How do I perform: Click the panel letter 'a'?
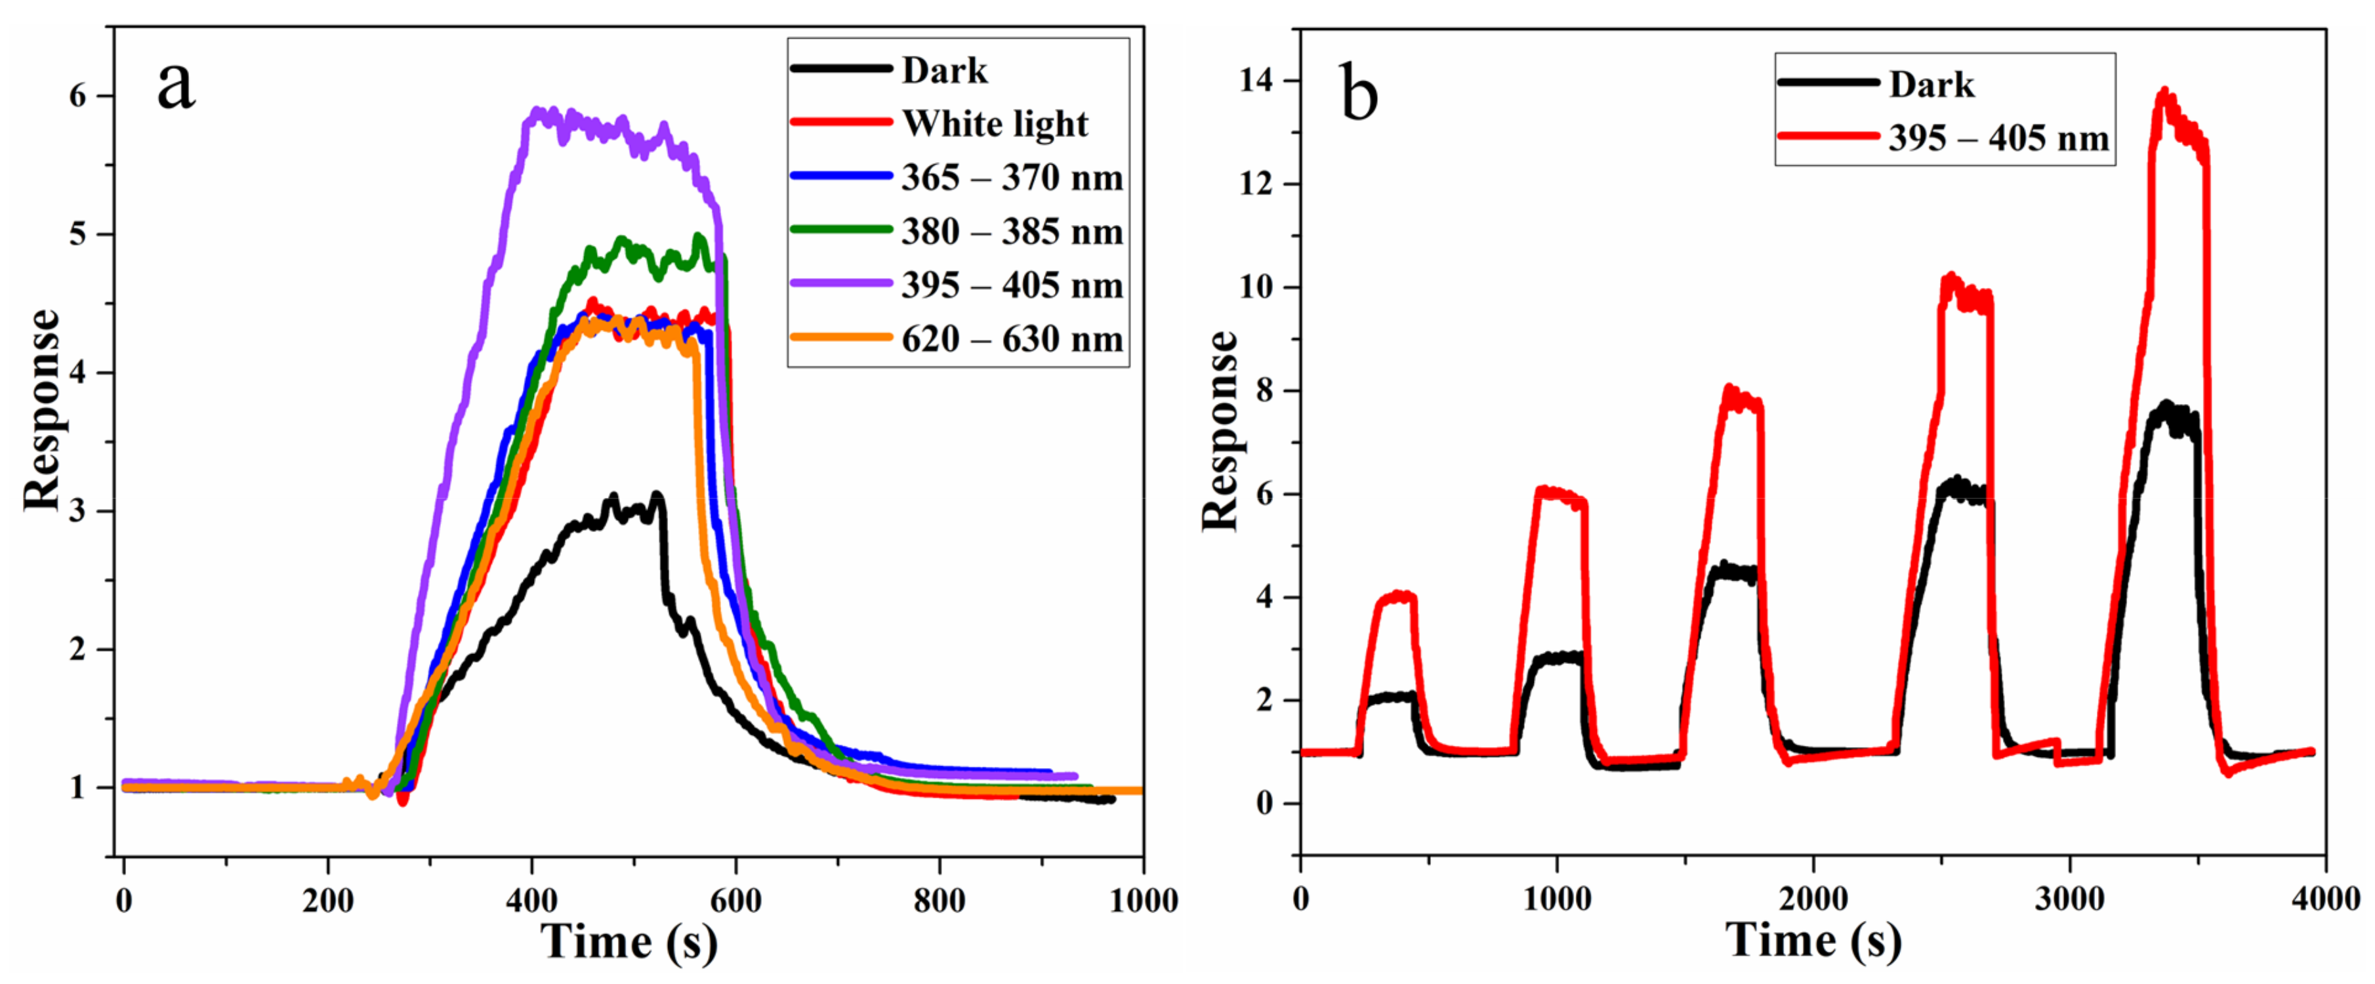pyautogui.click(x=176, y=87)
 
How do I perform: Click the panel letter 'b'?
pyautogui.click(x=1358, y=94)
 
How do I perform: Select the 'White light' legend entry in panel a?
pyautogui.click(x=994, y=123)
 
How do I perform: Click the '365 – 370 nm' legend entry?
pyautogui.click(x=1012, y=177)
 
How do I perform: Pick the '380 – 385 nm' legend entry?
pyautogui.click(x=1012, y=232)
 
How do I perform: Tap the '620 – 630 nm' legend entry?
pyautogui.click(x=1012, y=339)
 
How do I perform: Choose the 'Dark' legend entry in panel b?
pyautogui.click(x=1931, y=85)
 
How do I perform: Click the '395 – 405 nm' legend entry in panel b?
pyautogui.click(x=1998, y=138)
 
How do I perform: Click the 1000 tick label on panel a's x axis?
pyautogui.click(x=1142, y=900)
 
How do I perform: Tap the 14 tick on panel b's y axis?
pyautogui.click(x=1255, y=81)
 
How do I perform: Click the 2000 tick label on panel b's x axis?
pyautogui.click(x=1813, y=898)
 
